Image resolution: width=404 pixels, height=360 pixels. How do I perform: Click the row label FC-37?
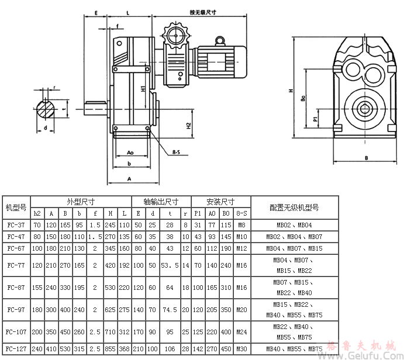click(x=16, y=224)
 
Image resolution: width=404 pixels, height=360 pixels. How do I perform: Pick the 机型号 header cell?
click(x=16, y=207)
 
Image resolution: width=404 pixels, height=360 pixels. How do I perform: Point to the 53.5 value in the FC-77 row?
click(x=170, y=265)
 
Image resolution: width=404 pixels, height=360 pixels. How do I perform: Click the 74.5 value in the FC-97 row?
click(x=170, y=309)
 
